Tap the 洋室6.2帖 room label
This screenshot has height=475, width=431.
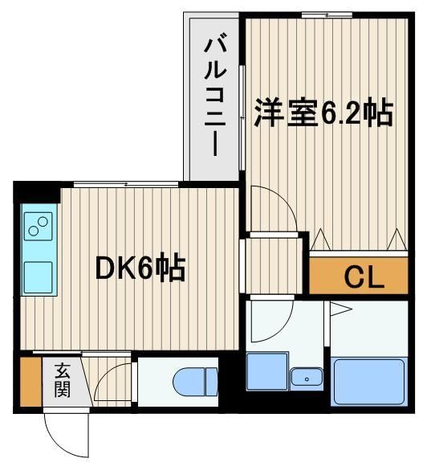click(x=324, y=113)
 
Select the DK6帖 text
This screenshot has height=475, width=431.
click(x=140, y=268)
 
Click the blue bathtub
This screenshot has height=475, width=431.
click(x=370, y=381)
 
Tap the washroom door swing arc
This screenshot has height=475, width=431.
click(x=272, y=315)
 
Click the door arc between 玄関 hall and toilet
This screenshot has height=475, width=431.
click(x=113, y=381)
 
